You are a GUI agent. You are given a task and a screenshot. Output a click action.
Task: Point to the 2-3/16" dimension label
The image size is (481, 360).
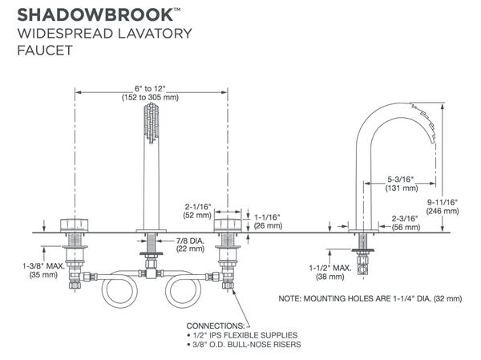click(408, 217)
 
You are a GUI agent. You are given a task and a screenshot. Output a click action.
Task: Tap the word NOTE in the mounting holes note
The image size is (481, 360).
click(295, 298)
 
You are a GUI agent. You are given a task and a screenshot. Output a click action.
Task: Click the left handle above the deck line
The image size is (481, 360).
click(76, 224)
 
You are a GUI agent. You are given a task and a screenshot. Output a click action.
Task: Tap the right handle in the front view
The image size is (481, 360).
click(228, 224)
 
